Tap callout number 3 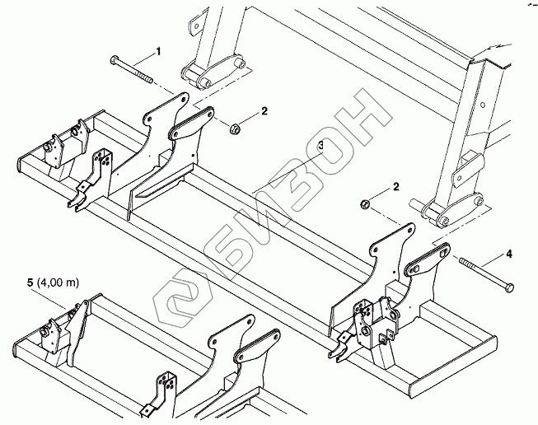point(320,145)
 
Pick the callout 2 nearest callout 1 point(264,110)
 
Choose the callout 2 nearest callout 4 point(396,188)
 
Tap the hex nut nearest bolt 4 point(364,203)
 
